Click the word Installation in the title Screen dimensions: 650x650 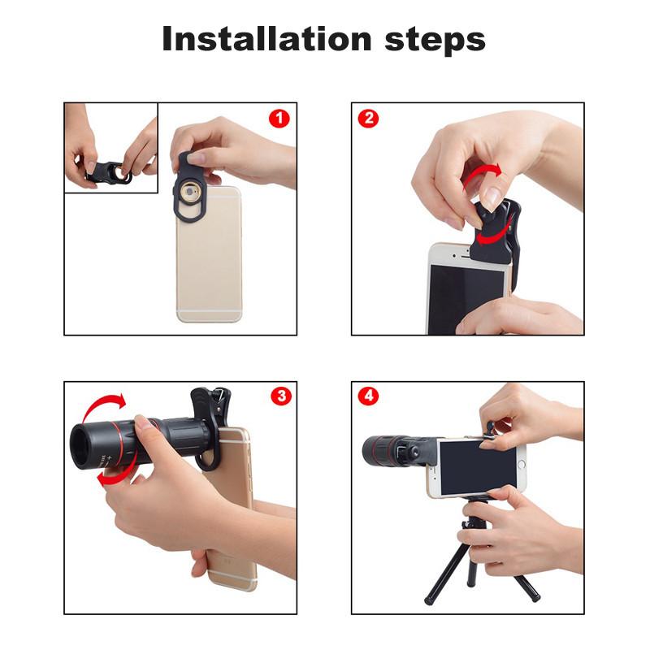pyautogui.click(x=267, y=38)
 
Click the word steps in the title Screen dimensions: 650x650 pyautogui.click(x=435, y=41)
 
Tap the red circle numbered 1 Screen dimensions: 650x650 pyautogui.click(x=279, y=119)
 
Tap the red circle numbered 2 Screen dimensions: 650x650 pyautogui.click(x=368, y=119)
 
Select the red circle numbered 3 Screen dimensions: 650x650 pyautogui.click(x=281, y=396)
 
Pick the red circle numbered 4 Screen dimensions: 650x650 pyautogui.click(x=369, y=396)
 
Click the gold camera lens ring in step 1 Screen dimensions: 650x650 pyautogui.click(x=190, y=192)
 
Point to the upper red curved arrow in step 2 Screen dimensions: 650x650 pyautogui.click(x=482, y=174)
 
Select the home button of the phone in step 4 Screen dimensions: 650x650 pyautogui.click(x=522, y=464)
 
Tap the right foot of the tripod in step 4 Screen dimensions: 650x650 pyautogui.click(x=535, y=598)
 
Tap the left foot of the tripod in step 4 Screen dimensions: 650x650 pyautogui.click(x=428, y=600)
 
